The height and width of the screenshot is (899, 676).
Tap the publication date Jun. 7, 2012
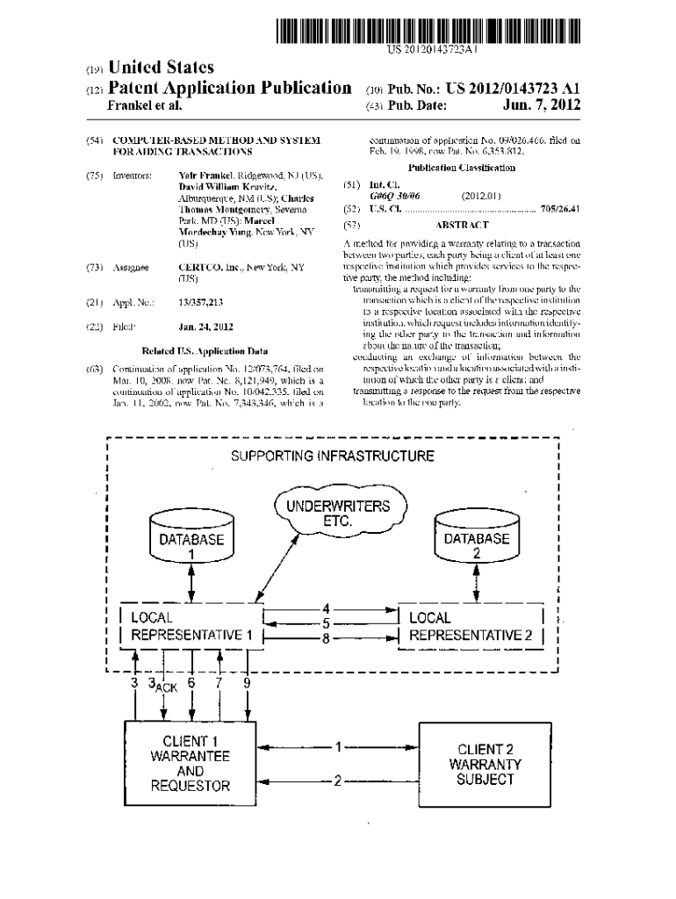[x=543, y=106]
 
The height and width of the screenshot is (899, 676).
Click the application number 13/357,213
[x=200, y=302]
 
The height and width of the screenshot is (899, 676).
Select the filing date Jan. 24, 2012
[x=205, y=326]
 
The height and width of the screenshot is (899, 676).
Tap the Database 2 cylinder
[x=476, y=538]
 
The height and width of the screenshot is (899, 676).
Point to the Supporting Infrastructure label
[x=332, y=457]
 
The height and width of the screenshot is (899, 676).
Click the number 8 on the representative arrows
[x=326, y=640]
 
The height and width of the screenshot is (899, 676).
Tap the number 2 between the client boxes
[x=336, y=779]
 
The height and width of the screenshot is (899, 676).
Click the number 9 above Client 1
[x=247, y=681]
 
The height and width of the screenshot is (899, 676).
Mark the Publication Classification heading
[x=462, y=167]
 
